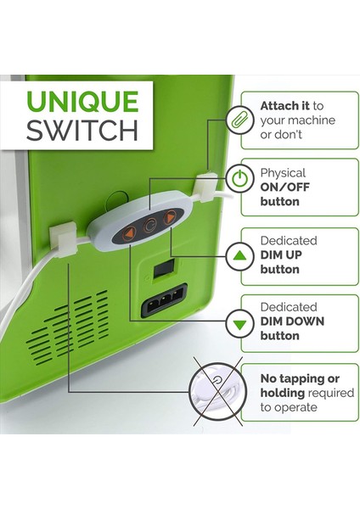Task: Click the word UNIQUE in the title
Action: tap(82, 100)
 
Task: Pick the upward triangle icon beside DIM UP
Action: tap(240, 255)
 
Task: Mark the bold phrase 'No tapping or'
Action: tap(299, 378)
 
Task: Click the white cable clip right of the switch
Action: tap(205, 187)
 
